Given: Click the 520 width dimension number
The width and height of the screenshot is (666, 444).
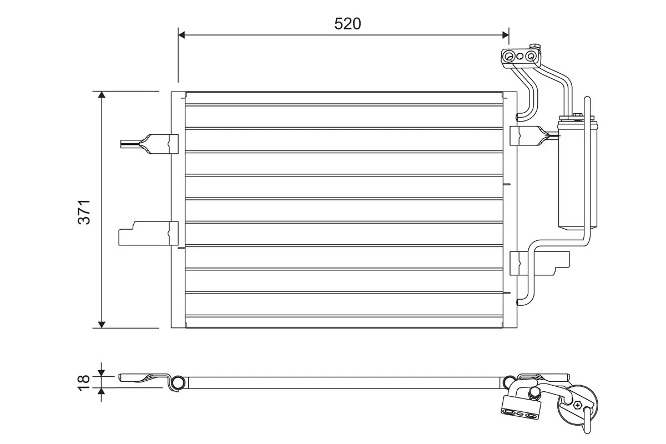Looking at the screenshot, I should pyautogui.click(x=348, y=23).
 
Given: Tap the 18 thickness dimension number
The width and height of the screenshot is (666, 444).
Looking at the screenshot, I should pyautogui.click(x=84, y=381).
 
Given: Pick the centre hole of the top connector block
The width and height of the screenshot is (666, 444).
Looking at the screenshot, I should pyautogui.click(x=520, y=56).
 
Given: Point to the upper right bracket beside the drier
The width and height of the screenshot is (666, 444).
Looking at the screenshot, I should pyautogui.click(x=529, y=135).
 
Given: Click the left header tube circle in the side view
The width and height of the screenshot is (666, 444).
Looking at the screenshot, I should pyautogui.click(x=178, y=383).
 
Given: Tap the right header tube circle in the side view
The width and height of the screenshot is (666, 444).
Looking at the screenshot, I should pyautogui.click(x=509, y=382).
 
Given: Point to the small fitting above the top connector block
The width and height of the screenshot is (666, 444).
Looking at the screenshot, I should pyautogui.click(x=535, y=47).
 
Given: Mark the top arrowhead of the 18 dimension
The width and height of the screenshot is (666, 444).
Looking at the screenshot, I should pyautogui.click(x=102, y=371).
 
